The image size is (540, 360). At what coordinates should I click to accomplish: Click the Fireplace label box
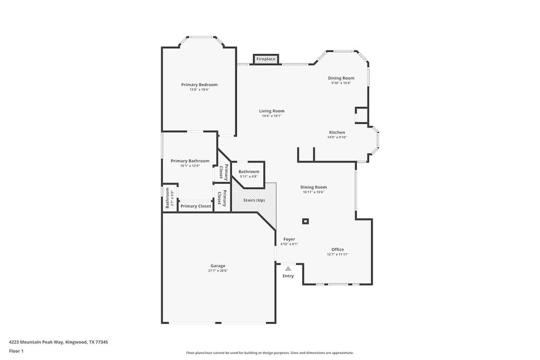(x=266, y=59)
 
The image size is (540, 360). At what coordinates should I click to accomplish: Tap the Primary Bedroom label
(x=199, y=84)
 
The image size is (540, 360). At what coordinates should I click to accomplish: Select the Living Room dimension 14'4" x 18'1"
(x=272, y=116)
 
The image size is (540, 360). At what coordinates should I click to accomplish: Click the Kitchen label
(x=337, y=132)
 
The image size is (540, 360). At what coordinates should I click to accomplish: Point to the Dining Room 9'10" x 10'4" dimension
(x=341, y=83)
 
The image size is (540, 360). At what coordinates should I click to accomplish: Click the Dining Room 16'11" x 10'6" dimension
(x=313, y=192)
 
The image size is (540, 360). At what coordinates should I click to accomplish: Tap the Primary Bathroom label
(x=190, y=161)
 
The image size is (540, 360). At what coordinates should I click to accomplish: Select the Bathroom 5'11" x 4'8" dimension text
(x=248, y=176)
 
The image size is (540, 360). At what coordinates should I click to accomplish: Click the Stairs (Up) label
(x=254, y=200)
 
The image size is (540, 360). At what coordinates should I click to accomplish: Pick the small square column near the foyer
(x=305, y=221)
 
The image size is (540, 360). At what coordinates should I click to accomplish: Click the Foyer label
(x=289, y=239)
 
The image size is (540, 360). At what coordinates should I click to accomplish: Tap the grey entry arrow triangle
(x=288, y=268)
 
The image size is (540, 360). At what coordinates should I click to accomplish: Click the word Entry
(x=288, y=276)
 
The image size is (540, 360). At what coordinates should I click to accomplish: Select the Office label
(x=337, y=249)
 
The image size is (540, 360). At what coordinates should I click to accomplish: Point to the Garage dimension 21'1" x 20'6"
(x=218, y=271)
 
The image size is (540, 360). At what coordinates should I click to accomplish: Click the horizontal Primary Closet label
(x=196, y=206)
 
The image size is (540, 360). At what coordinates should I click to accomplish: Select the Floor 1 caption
(x=16, y=351)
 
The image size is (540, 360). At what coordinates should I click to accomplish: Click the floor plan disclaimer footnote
(x=269, y=353)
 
